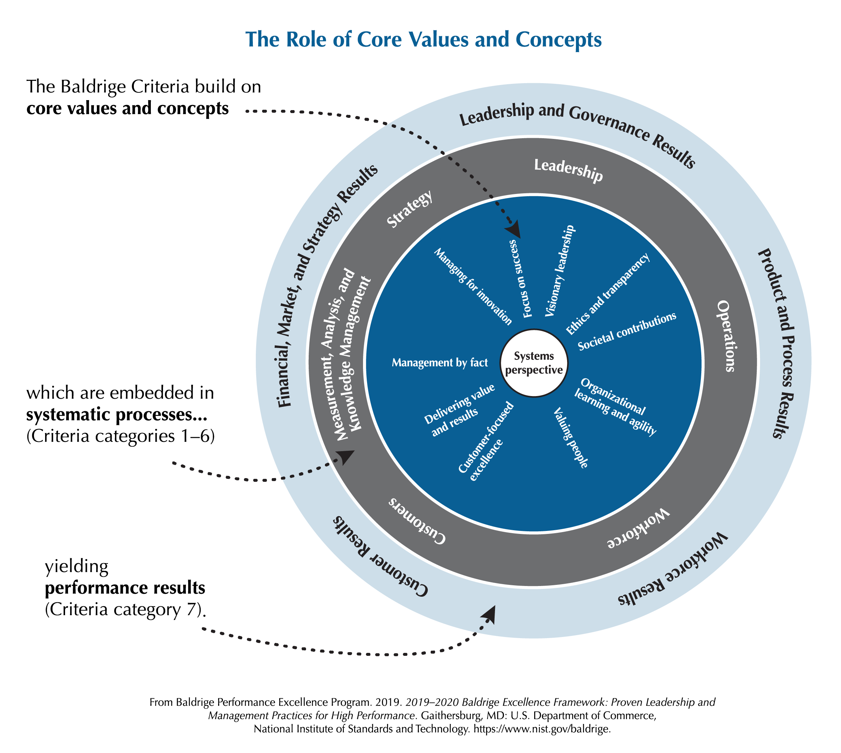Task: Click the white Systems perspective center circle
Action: pos(534,363)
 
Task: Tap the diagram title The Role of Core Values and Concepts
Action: pos(423,40)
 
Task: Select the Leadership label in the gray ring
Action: pos(569,170)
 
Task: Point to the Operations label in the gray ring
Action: pos(726,336)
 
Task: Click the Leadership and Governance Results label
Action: pos(578,133)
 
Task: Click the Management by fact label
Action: pos(440,363)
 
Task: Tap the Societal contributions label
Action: pos(627,331)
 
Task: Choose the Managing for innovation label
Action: pos(473,286)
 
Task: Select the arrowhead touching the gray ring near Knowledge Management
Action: pos(346,457)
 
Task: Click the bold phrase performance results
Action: pos(125,587)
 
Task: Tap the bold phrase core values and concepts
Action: pos(128,108)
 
